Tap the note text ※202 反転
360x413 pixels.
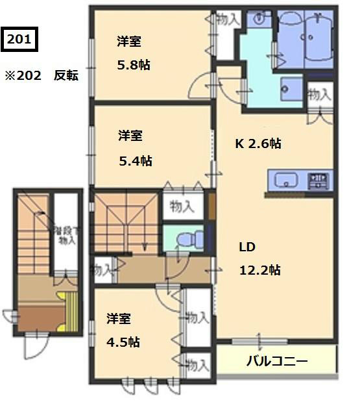tap(42, 75)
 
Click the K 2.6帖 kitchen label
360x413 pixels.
tap(258, 144)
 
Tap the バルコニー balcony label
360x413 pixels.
tap(277, 361)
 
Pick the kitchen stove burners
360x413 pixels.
tap(318, 179)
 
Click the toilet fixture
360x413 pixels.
tap(185, 240)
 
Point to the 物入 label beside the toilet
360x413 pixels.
tap(182, 207)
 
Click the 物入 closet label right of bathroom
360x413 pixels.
tap(320, 95)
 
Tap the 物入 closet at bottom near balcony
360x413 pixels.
tap(197, 364)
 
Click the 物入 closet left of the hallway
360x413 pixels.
tap(102, 268)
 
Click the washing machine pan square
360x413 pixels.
tap(292, 88)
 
